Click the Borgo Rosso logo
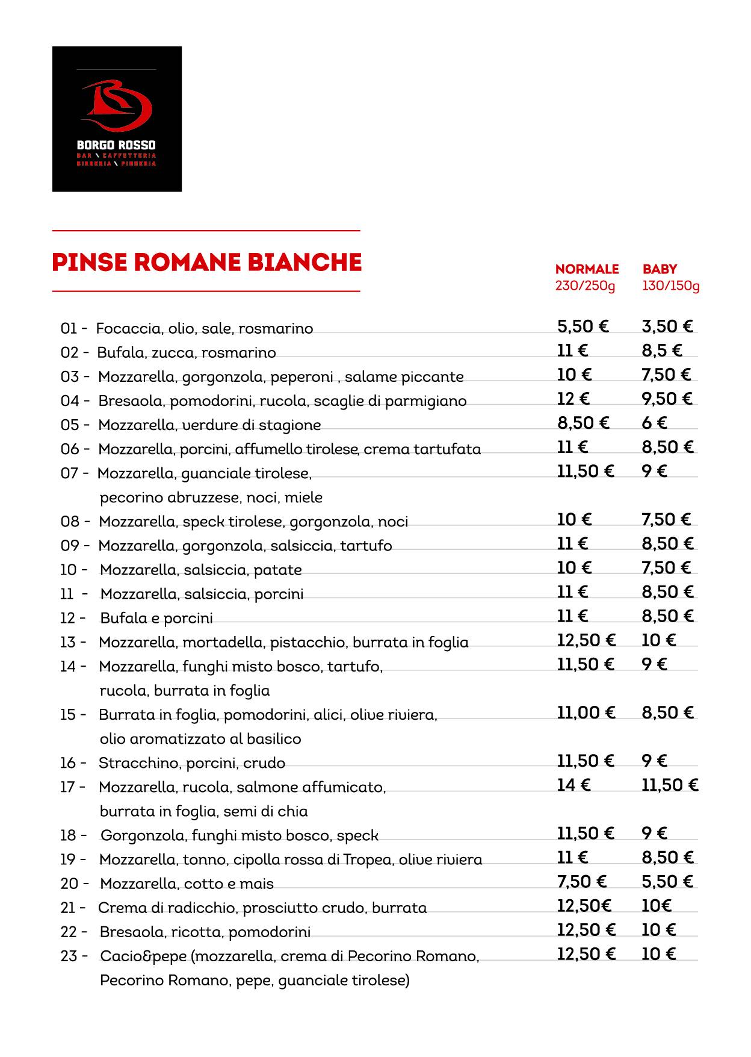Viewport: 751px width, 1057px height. pyautogui.click(x=117, y=119)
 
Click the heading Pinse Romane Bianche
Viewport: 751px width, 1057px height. pyautogui.click(x=206, y=263)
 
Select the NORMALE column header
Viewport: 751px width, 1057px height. pyautogui.click(x=587, y=269)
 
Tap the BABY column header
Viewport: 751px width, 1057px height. pyautogui.click(x=660, y=269)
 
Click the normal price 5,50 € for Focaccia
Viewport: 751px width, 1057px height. pyautogui.click(x=583, y=326)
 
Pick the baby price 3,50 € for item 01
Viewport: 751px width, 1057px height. pyautogui.click(x=667, y=326)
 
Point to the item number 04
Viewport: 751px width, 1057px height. pyautogui.click(x=69, y=401)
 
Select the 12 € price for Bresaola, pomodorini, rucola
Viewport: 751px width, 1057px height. pyautogui.click(x=573, y=399)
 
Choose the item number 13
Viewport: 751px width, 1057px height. pyautogui.click(x=68, y=642)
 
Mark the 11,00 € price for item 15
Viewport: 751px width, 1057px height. pyautogui.click(x=586, y=712)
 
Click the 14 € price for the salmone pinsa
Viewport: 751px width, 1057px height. pyautogui.click(x=573, y=785)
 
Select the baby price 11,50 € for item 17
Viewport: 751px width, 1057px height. pyautogui.click(x=669, y=785)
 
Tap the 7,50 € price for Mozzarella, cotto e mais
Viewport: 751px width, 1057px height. pyautogui.click(x=581, y=882)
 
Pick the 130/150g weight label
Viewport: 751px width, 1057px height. pyautogui.click(x=670, y=285)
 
